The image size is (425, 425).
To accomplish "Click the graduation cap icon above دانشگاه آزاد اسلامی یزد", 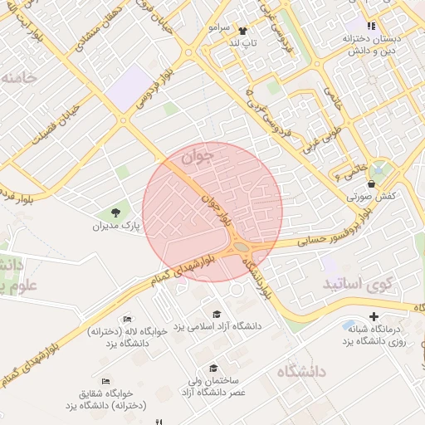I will point(217,314).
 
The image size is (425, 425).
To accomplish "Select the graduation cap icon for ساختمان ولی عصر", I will point(213,368).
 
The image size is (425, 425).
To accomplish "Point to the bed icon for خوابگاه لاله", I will point(126,319).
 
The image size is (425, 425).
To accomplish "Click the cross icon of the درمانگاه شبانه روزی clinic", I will point(374,315).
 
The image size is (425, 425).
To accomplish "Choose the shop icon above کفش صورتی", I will point(370,183).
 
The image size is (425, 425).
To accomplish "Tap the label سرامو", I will point(219,28).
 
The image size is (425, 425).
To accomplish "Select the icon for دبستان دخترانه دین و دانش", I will point(372,26).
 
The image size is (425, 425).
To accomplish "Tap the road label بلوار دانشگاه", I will point(256,276).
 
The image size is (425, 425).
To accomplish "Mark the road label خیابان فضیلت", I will point(53,125).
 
